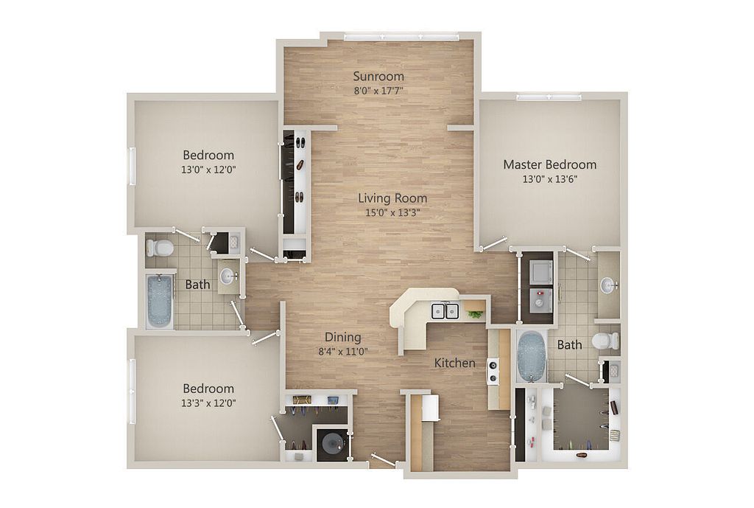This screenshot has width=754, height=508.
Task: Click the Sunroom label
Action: click(x=378, y=76)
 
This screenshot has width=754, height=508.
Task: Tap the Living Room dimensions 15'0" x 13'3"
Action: click(x=392, y=212)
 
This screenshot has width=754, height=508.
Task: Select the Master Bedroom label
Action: click(x=549, y=164)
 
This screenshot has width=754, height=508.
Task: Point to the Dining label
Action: click(x=342, y=337)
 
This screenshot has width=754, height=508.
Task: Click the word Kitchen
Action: click(x=454, y=363)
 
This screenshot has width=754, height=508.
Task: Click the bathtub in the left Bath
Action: click(x=159, y=301)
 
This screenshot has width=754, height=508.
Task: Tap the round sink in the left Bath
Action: click(x=228, y=276)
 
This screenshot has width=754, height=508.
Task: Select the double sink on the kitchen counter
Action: click(x=445, y=310)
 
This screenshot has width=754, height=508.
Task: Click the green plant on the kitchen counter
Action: click(x=476, y=314)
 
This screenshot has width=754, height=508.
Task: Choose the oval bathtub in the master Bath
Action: click(x=529, y=356)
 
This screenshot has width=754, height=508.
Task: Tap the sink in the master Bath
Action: click(x=608, y=285)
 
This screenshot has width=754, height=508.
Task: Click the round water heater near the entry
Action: click(x=329, y=443)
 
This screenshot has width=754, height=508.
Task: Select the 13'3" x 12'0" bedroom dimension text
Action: click(x=209, y=403)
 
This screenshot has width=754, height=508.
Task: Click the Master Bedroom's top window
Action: click(x=549, y=97)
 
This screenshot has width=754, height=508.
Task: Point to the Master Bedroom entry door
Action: click(x=494, y=244)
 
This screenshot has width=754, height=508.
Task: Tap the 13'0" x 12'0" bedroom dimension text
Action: click(x=208, y=169)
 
